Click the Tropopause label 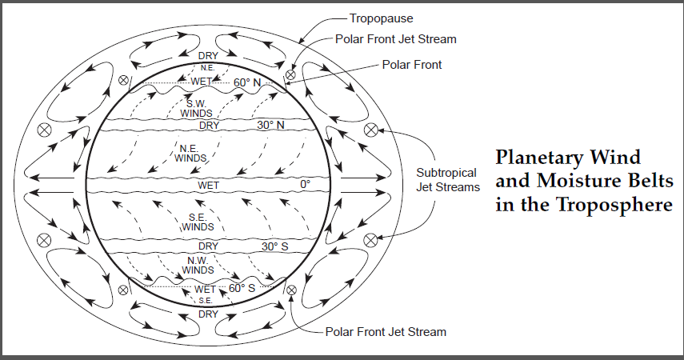point(376,17)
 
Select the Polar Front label point(412,64)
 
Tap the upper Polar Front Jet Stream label point(396,38)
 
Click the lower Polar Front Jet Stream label point(386,331)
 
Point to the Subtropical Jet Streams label point(446,180)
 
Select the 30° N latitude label point(271,126)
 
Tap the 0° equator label point(305,185)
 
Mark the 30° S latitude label point(274,246)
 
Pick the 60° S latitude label point(242,288)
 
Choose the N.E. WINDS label point(190,153)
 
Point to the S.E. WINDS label point(198,222)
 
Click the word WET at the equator point(208,185)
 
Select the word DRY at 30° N point(209,126)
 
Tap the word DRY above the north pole point(207,55)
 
